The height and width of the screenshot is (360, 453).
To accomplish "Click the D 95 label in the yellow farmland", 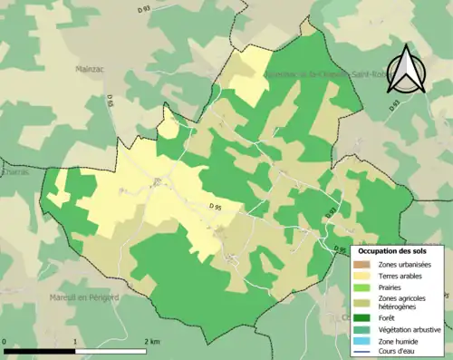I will pyautogui.click(x=217, y=208).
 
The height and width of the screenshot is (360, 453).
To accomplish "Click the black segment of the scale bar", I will pyautogui.click(x=42, y=349).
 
